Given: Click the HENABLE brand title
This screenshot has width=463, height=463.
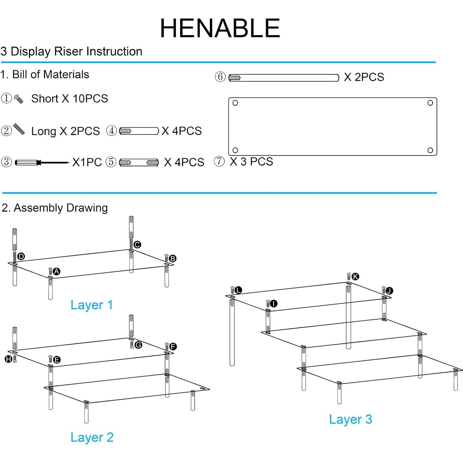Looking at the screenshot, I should [220, 28].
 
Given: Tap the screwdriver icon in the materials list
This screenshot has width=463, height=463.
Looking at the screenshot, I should [42, 162].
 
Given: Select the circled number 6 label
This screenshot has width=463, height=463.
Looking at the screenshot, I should [220, 77].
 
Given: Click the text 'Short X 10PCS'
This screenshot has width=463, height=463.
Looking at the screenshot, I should [70, 99].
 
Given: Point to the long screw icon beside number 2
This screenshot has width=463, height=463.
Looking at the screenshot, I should [19, 130].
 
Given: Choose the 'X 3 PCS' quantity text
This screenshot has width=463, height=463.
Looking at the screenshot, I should [251, 162].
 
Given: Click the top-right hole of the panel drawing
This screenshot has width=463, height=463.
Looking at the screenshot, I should [430, 103].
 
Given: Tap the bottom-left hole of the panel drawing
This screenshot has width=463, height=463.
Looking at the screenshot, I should [235, 150].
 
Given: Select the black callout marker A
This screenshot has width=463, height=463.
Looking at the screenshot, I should [56, 271].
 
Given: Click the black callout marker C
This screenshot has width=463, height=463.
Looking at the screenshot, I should [137, 244].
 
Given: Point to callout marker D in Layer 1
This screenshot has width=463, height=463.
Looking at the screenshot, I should [21, 256].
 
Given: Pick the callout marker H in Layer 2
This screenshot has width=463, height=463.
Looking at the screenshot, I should [8, 359].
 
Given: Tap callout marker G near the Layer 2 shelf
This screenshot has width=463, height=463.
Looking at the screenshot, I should [138, 345].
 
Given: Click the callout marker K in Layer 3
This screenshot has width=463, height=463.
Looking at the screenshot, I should [355, 276].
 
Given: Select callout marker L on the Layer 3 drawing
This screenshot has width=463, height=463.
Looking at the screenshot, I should [238, 290].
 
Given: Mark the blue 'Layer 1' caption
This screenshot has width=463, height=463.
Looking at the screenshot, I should [91, 305].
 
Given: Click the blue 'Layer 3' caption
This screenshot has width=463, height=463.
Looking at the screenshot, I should [350, 419].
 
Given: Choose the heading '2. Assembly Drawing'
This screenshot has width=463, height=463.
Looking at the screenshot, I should [55, 208].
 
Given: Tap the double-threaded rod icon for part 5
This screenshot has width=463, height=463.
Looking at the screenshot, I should [139, 162].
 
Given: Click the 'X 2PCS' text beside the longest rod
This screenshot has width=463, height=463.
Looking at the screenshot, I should [364, 77].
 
